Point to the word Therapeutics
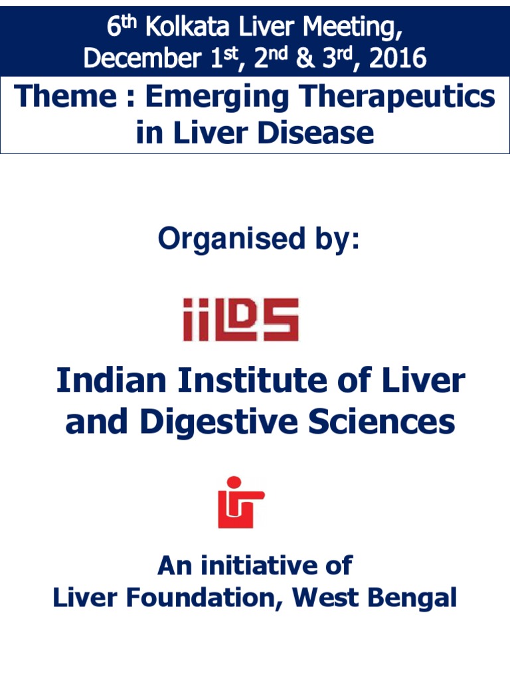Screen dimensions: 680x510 point(401,97)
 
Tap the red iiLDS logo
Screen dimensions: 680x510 point(240,319)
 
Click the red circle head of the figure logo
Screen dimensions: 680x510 point(234,482)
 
